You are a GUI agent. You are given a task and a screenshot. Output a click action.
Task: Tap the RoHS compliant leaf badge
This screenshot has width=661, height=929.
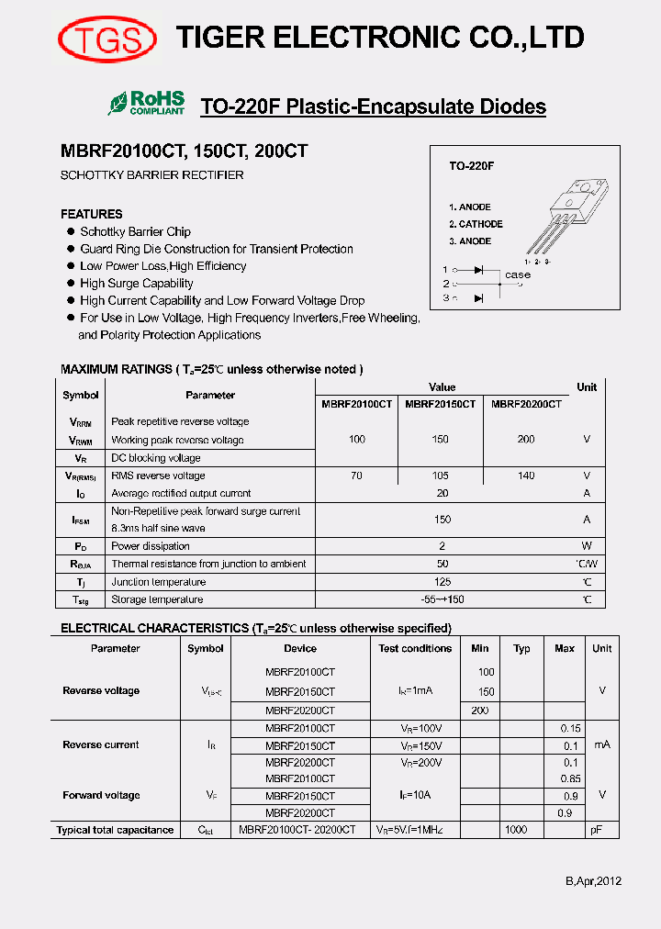coord(147,103)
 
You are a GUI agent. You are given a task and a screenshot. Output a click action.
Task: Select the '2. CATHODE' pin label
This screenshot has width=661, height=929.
coord(476,224)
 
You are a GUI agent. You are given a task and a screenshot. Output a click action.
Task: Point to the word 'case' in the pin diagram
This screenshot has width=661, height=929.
coord(518,274)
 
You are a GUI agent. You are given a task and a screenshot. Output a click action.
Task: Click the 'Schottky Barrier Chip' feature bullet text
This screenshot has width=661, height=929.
coord(135,232)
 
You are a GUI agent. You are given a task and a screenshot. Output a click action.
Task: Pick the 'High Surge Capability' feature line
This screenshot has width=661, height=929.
coord(136,284)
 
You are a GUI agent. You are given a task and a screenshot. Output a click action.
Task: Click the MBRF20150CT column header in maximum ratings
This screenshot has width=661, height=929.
coord(441,404)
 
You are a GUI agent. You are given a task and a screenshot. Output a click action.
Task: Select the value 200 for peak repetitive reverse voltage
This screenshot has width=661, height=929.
coord(526,440)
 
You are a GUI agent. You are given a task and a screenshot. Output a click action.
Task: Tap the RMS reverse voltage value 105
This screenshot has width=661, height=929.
coord(441,476)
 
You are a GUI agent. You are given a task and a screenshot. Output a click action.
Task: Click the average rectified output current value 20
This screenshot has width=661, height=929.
coord(443,493)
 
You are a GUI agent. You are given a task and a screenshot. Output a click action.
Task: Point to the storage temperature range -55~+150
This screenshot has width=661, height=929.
coord(443,599)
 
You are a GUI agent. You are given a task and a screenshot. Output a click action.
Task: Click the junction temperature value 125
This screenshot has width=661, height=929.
coord(443,582)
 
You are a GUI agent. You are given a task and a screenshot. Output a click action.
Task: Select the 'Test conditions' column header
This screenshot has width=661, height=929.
coord(415,648)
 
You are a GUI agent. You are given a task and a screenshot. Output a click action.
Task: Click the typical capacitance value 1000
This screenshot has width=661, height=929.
coord(516,830)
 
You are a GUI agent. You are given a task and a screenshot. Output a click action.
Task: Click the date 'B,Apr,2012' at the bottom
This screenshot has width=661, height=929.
coord(593,881)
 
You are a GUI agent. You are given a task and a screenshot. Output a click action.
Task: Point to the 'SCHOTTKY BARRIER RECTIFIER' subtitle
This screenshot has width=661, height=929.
coord(152,174)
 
